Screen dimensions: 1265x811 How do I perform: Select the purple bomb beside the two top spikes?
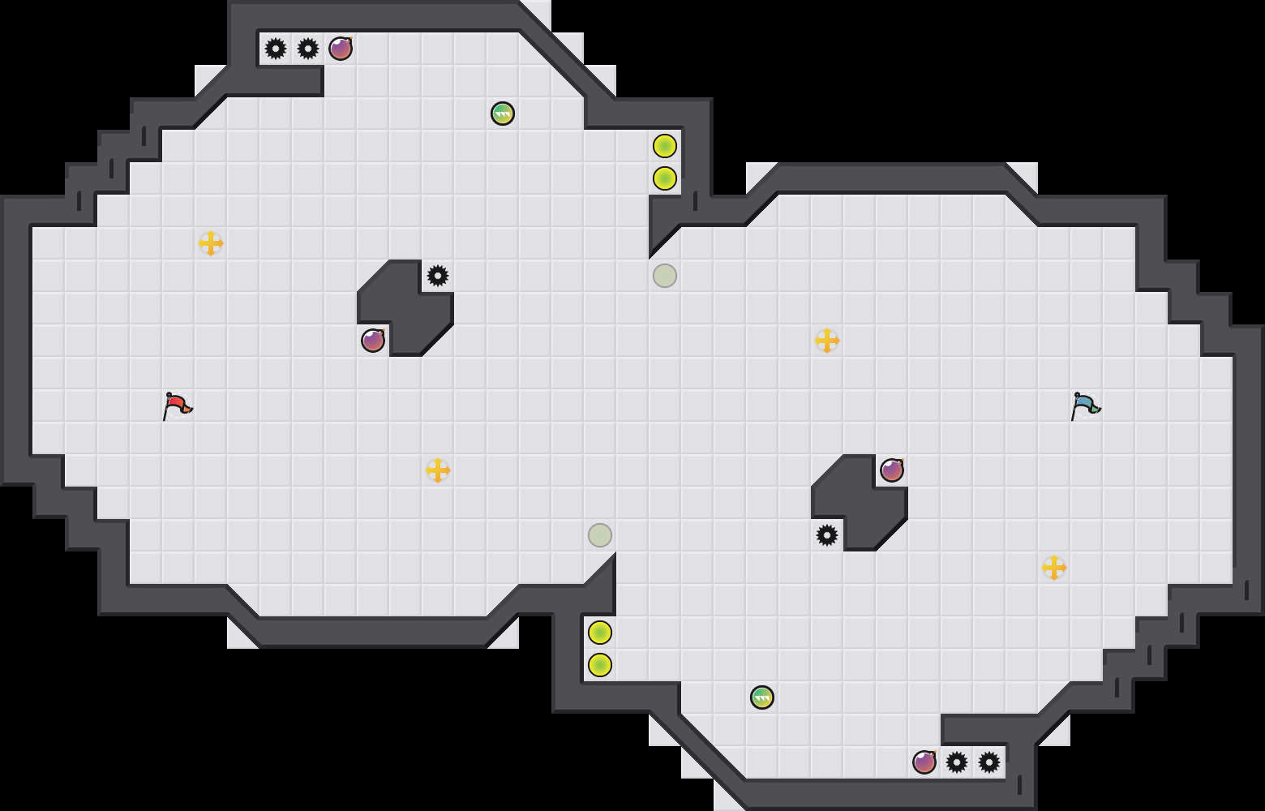341,49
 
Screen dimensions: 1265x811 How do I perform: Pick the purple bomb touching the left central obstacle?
373,341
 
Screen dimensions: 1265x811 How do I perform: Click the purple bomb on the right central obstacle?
892,470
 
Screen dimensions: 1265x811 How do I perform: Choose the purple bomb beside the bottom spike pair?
924,762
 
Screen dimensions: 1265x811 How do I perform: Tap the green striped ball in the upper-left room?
503,114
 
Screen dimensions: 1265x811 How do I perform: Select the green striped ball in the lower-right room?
762,697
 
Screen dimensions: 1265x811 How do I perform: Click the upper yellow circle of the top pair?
665,146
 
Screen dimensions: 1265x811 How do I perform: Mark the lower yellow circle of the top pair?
665,178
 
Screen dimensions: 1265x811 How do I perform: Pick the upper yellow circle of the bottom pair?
600,633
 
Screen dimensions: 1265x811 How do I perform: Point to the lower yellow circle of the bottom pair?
600,665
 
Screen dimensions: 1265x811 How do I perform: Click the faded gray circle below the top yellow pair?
665,276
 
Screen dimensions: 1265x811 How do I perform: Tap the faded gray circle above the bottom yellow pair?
600,535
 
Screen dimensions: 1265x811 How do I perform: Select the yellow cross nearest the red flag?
211,243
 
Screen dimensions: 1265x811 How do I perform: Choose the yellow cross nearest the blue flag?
1054,568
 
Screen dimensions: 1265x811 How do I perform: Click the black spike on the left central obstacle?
438,276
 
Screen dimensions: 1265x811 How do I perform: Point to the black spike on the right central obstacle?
827,535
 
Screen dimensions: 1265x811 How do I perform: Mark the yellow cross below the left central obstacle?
438,470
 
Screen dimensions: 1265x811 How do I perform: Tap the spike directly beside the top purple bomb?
308,49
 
